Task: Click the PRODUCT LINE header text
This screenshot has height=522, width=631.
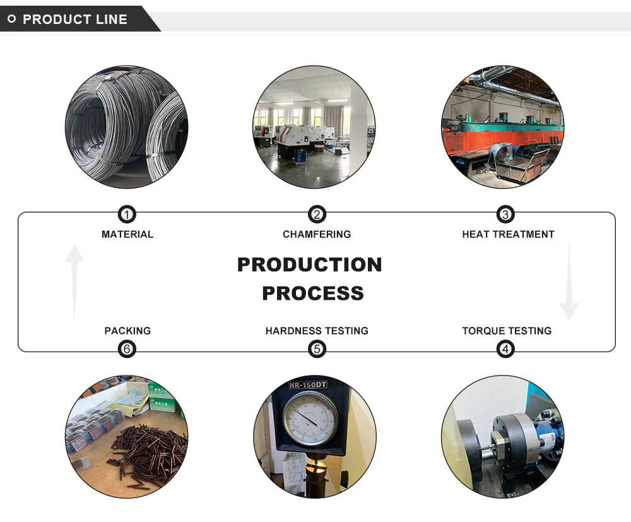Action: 74,20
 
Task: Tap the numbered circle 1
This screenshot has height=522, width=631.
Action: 127,215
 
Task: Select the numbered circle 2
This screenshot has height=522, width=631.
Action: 317,215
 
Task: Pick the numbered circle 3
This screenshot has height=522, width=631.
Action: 505,215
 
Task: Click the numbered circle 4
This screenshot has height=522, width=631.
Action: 505,348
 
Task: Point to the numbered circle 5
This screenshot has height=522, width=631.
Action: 317,348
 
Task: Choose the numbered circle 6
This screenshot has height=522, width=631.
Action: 127,348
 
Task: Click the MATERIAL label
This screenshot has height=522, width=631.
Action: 127,234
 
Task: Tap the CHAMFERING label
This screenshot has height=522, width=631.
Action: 317,234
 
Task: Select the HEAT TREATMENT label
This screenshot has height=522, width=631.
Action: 508,234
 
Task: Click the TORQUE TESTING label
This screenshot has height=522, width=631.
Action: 507,331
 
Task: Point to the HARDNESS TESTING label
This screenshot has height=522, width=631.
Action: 317,331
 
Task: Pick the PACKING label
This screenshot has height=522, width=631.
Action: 127,331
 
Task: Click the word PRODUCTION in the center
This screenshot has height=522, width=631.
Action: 310,264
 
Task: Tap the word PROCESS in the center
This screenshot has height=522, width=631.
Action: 313,294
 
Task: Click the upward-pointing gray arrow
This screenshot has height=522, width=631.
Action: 74,281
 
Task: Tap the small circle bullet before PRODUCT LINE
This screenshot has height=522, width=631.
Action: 11,20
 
